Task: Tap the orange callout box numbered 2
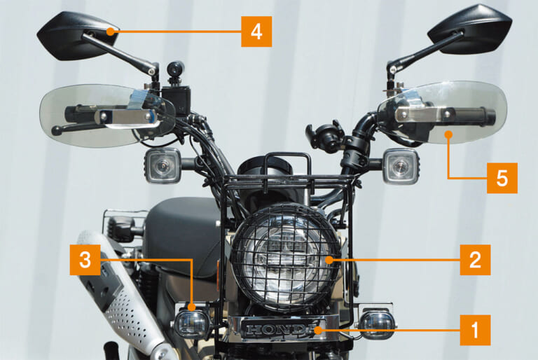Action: pyautogui.click(x=476, y=261)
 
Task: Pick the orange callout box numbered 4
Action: pyautogui.click(x=256, y=32)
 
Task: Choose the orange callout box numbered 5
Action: pyautogui.click(x=502, y=178)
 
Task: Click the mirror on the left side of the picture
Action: pyautogui.click(x=74, y=32)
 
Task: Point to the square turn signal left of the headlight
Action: pyautogui.click(x=163, y=166)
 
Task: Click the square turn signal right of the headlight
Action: pyautogui.click(x=401, y=166)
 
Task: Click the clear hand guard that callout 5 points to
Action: pyautogui.click(x=441, y=112)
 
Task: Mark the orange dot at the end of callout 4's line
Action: pyautogui.click(x=111, y=32)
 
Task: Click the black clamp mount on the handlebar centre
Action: pyautogui.click(x=325, y=137)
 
